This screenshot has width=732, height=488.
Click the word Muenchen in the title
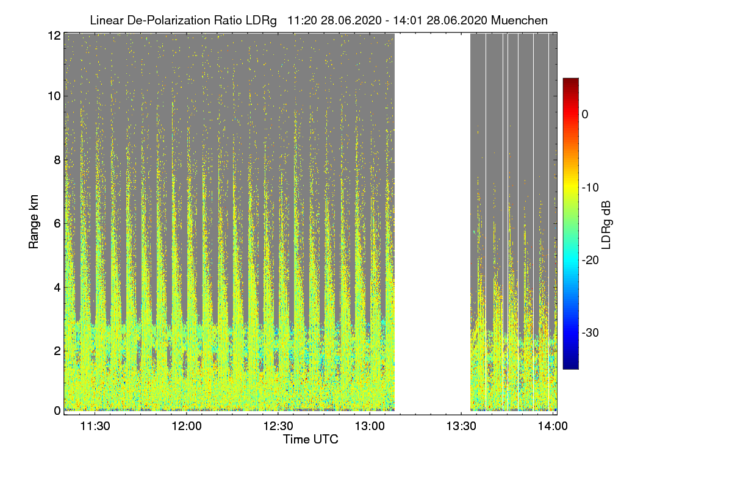coord(519,20)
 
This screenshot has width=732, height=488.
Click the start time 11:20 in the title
coord(301,20)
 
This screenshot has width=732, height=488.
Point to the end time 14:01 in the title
coord(412,20)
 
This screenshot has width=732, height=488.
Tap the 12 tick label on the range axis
coord(54,35)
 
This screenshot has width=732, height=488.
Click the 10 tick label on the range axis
coord(54,96)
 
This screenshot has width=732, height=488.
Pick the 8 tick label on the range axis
coord(57,160)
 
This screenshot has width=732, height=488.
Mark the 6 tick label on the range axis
coord(57,223)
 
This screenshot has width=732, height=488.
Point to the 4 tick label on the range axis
coord(57,287)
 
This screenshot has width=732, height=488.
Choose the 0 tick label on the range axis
coord(57,411)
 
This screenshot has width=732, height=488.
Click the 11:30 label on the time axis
coord(95,426)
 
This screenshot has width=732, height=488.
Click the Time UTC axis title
coord(310,439)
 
